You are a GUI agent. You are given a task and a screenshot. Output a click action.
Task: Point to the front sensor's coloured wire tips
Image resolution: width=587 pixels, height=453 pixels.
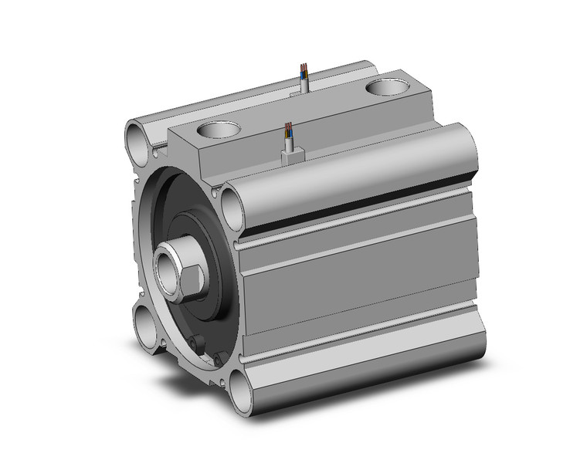click(288, 127)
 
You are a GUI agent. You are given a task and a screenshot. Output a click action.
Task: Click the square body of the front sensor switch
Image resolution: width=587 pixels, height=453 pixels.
click(291, 156)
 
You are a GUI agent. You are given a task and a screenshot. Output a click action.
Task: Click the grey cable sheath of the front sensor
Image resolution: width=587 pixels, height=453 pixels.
click(290, 142)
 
